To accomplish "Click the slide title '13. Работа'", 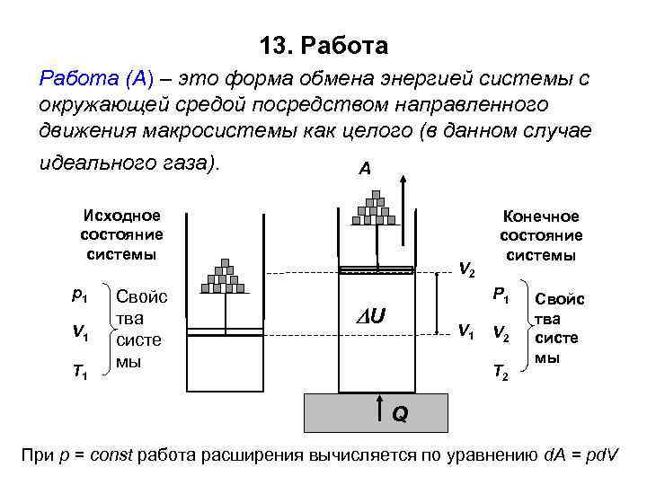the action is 323,45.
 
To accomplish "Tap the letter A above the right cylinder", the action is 364,168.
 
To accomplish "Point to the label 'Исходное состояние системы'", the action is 121,234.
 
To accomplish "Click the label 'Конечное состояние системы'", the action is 541,236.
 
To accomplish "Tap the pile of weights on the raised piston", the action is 375,208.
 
